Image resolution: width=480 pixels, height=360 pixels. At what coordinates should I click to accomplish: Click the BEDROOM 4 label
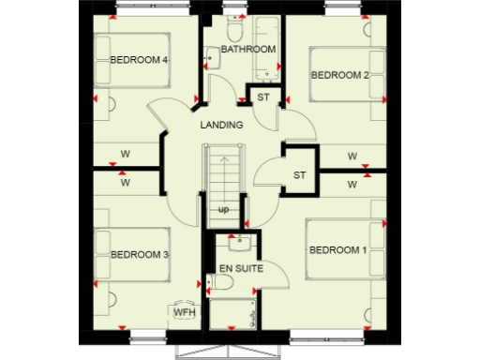[x=138, y=60]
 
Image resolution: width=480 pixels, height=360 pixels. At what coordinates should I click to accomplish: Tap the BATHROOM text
[x=247, y=49]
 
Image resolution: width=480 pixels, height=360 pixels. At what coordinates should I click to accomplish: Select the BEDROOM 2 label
[x=339, y=74]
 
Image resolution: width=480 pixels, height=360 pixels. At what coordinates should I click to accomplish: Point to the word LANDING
[x=221, y=125]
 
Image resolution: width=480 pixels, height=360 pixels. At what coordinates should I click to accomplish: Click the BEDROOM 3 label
[x=139, y=254]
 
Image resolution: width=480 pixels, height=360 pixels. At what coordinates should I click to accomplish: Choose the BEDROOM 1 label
[x=337, y=249]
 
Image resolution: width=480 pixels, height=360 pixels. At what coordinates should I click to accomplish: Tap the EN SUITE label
[x=240, y=269]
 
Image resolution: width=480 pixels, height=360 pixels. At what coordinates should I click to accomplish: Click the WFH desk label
[x=181, y=311]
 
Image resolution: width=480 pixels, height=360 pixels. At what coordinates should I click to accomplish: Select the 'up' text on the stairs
[x=223, y=209]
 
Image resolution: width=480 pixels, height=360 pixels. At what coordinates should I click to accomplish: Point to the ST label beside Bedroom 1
[x=299, y=175]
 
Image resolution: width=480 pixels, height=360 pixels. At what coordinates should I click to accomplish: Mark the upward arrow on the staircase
[x=223, y=173]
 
